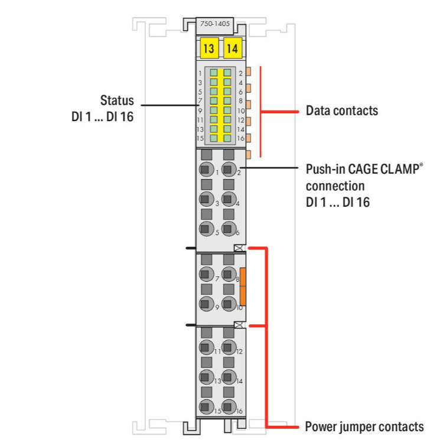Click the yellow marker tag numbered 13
click(208, 49)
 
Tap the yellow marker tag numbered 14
click(232, 49)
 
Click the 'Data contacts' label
click(341, 110)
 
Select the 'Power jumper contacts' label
click(364, 426)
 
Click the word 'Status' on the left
click(116, 99)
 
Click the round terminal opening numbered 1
click(206, 170)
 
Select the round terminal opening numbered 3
click(206, 200)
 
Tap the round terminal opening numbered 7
click(206, 274)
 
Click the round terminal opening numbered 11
click(206, 348)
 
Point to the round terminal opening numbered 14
click(228, 377)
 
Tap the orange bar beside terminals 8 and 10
click(243, 286)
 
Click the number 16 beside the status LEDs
click(241, 138)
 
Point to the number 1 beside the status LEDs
click(200, 73)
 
